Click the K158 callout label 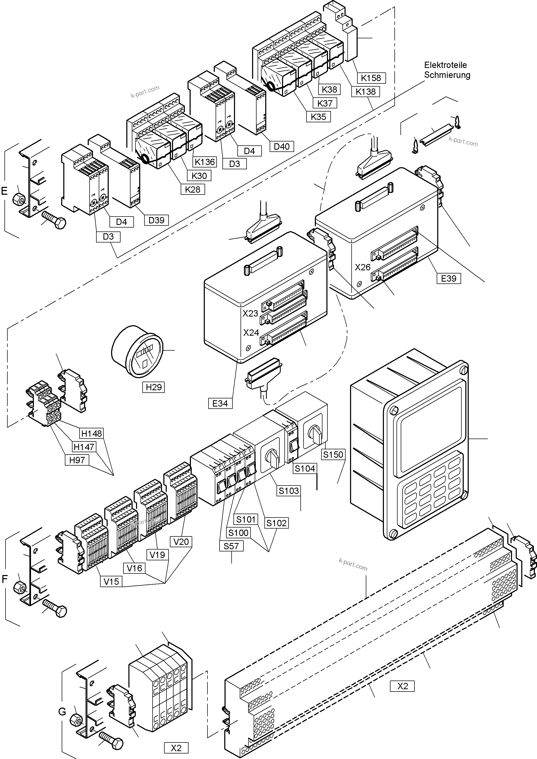pos(371,78)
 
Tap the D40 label pos(281,146)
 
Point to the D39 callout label pos(157,220)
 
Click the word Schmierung pos(447,75)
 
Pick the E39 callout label pos(449,278)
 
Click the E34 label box pos(220,403)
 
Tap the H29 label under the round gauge pos(154,387)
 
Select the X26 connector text pos(363,267)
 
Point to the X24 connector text pos(251,333)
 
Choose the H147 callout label pos(84,447)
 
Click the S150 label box pos(333,455)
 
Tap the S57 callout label pos(231,546)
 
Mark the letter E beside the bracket pos(4,191)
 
